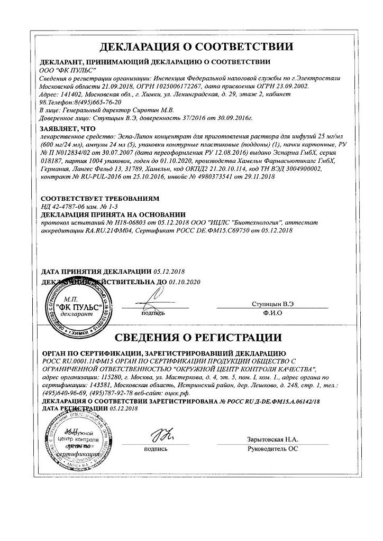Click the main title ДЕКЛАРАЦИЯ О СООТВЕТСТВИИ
191,46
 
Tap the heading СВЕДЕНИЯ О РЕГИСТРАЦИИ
191,337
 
